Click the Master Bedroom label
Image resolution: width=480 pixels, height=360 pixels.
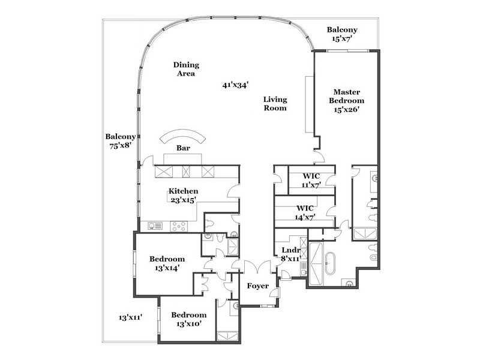[347, 101]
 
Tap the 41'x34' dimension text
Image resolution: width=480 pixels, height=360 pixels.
[235, 85]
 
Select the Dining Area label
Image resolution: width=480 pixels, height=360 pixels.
[186, 69]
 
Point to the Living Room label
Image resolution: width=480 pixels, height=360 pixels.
[275, 103]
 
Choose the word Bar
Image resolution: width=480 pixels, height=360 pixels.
[183, 148]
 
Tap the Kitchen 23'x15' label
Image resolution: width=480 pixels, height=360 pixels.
[184, 196]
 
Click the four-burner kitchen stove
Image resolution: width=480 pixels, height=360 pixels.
[178, 226]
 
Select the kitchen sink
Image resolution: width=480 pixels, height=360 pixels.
[155, 226]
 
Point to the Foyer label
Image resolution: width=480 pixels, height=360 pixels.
[258, 286]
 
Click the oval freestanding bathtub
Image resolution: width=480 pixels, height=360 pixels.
[331, 263]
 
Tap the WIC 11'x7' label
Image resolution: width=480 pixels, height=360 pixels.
[311, 181]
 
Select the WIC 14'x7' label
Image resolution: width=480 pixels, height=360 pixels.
[305, 212]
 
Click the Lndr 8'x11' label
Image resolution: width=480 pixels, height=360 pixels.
[290, 254]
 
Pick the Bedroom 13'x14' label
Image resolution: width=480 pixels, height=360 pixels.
[167, 263]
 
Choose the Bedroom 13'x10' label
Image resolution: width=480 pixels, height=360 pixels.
[188, 319]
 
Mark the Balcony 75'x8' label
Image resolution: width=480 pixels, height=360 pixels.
[121, 141]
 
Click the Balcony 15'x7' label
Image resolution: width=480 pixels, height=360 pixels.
[342, 34]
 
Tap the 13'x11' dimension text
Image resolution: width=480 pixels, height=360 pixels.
[130, 317]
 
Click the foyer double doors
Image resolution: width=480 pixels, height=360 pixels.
[257, 266]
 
